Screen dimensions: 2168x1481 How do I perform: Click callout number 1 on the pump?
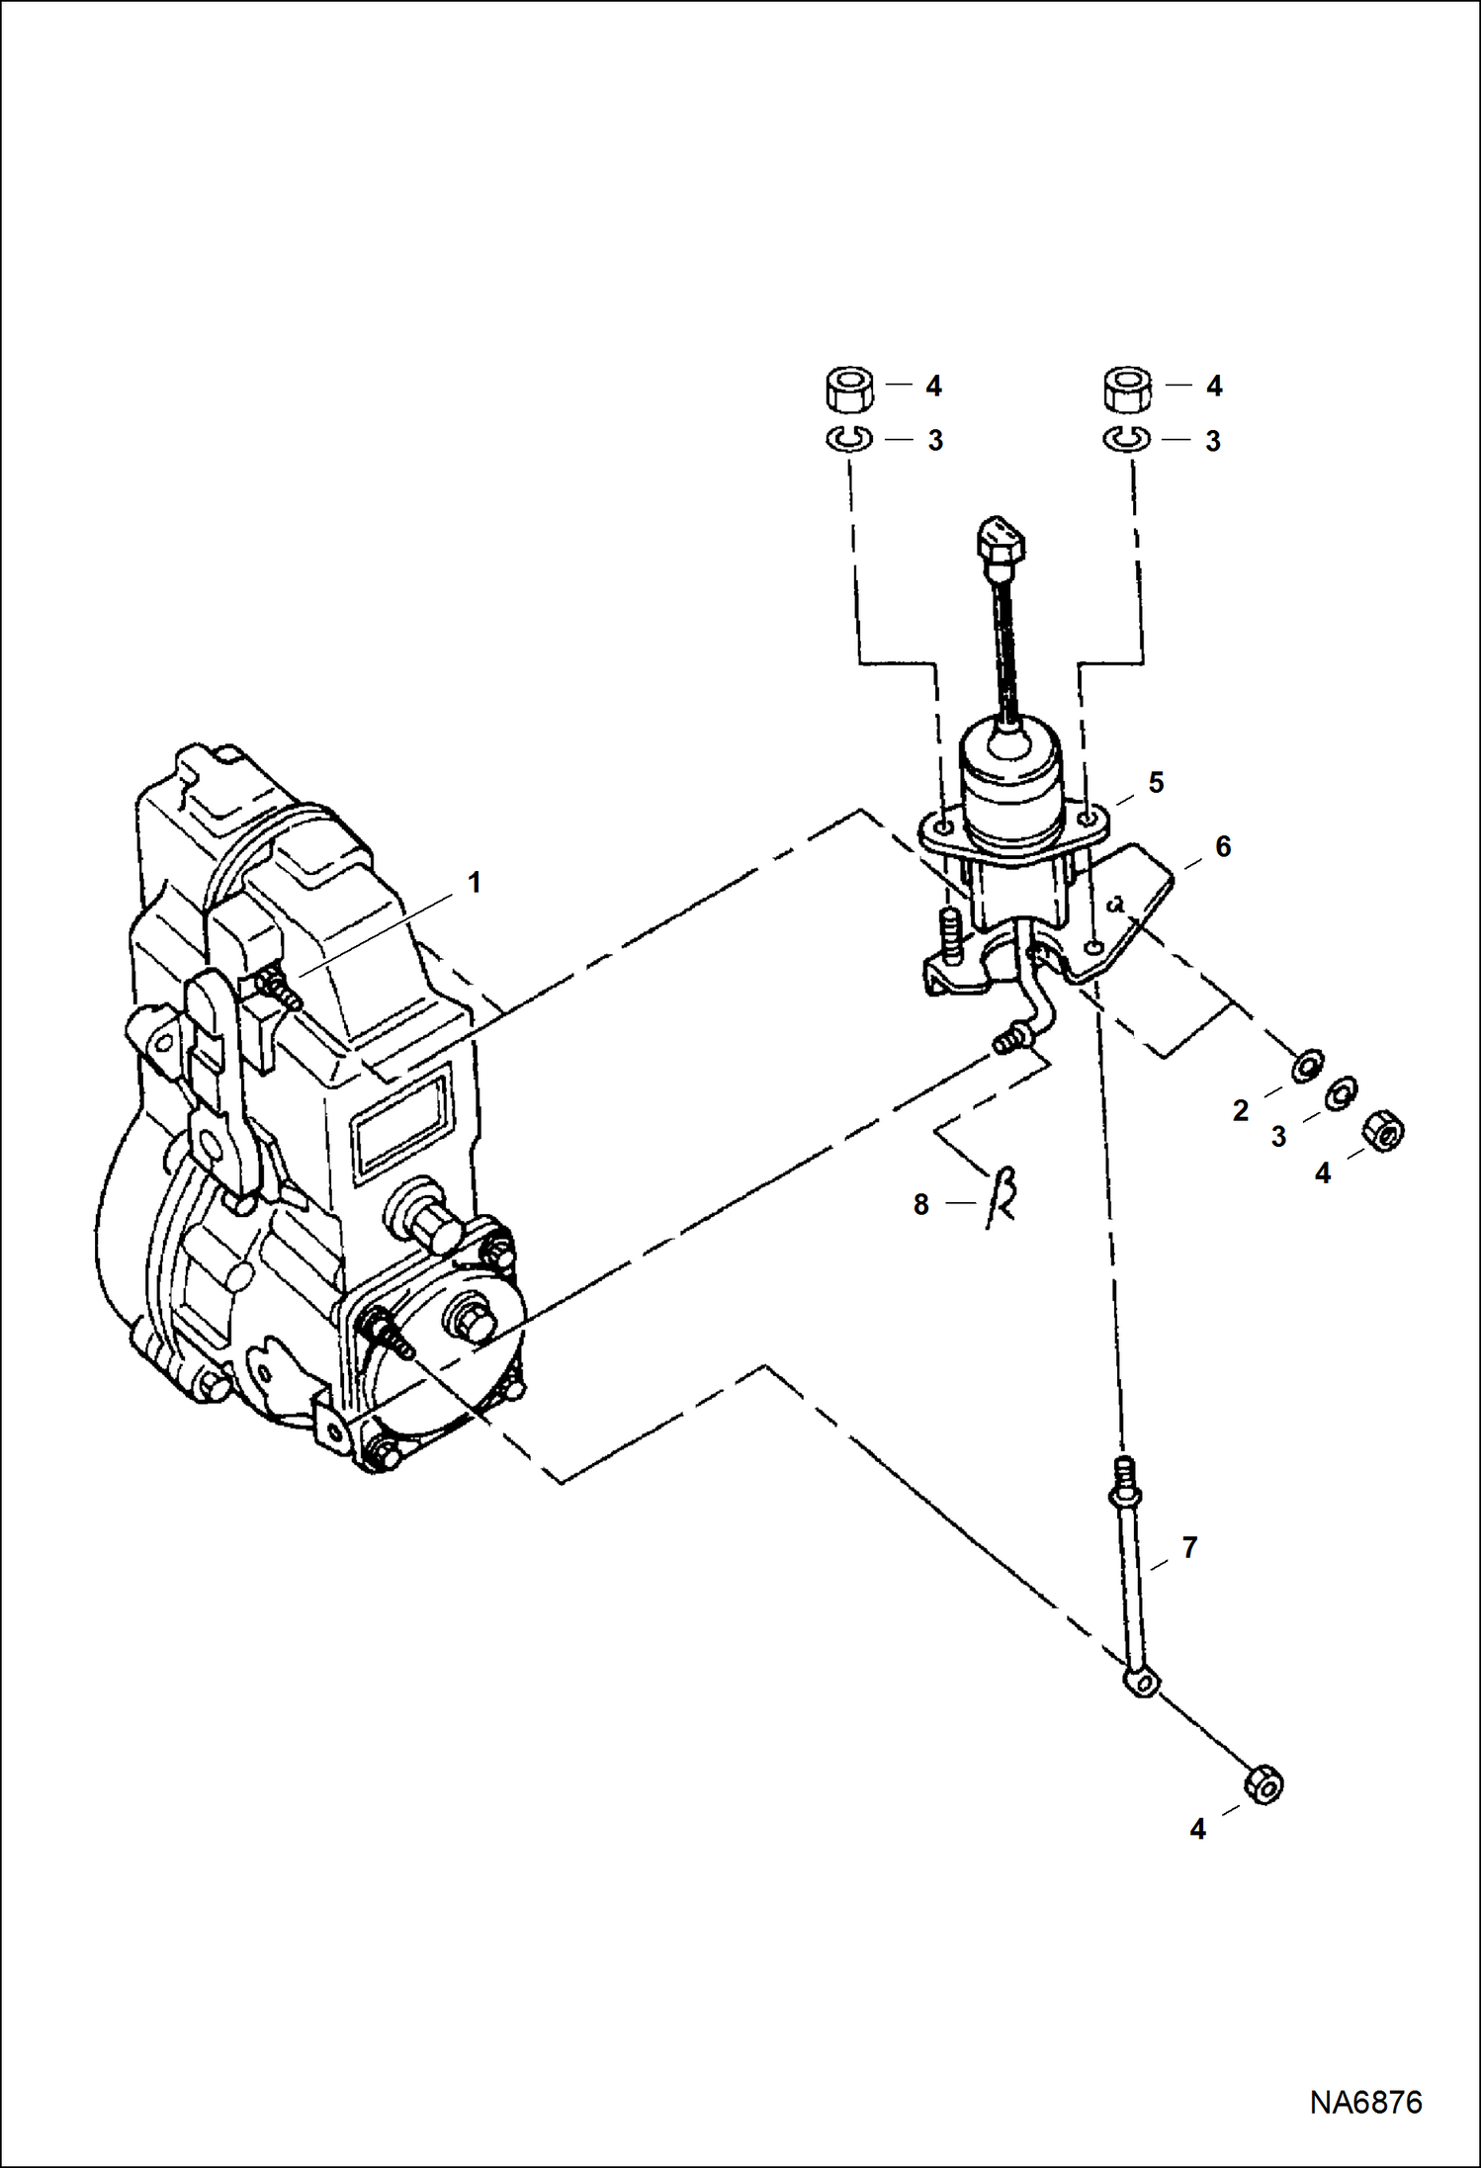tap(475, 883)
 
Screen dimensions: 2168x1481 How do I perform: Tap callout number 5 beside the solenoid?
tap(1156, 783)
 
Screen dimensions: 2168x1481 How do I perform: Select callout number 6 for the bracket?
tap(1223, 846)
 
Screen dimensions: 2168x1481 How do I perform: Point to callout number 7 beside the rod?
tap(1189, 1547)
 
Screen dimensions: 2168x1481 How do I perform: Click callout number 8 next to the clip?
tap(920, 1204)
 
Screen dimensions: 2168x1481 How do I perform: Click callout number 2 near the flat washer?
tap(1241, 1111)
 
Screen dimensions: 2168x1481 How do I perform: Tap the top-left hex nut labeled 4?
tap(848, 390)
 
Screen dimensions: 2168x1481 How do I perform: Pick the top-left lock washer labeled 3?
tap(848, 438)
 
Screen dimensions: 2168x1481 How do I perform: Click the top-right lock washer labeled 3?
tap(1126, 438)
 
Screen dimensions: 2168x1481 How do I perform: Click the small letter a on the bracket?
tap(1118, 902)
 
